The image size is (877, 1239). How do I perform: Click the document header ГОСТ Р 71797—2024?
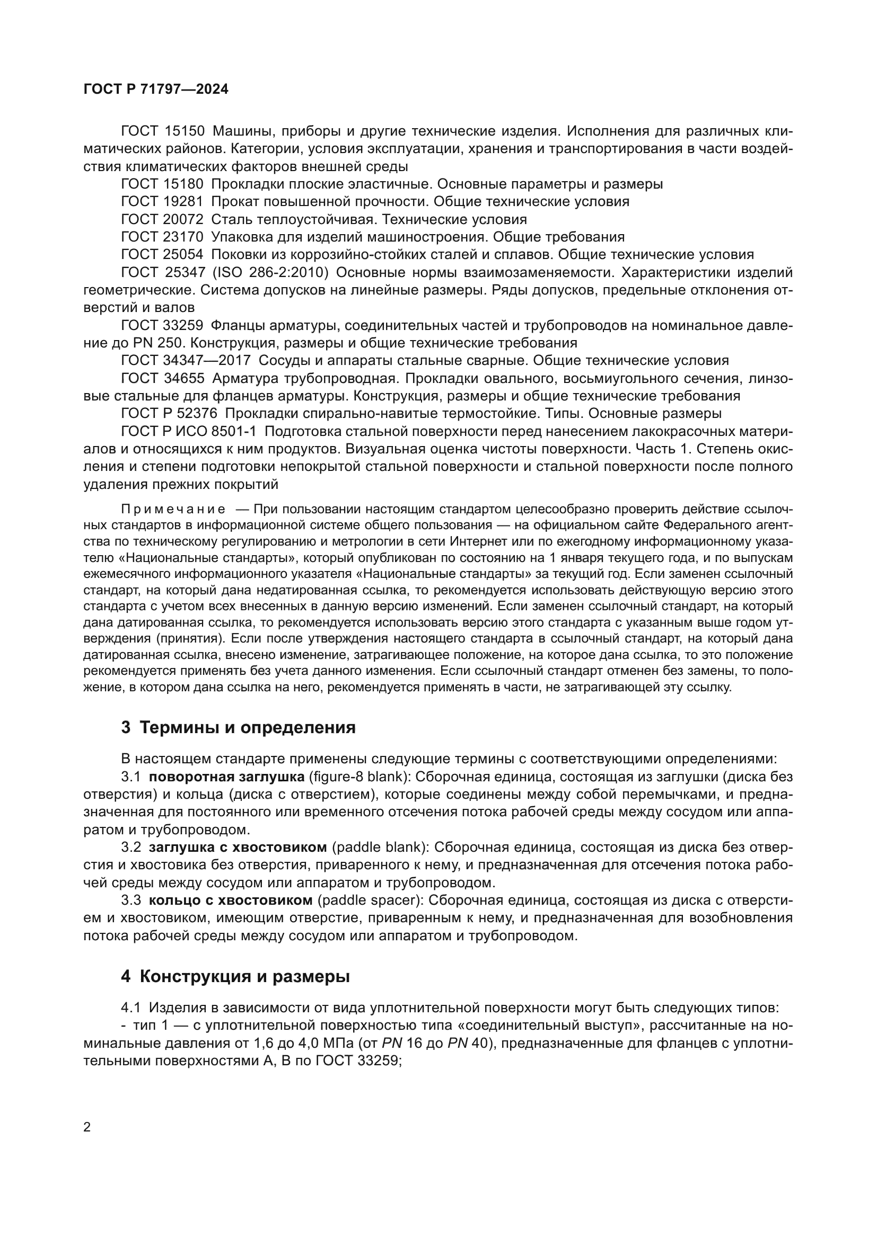click(156, 90)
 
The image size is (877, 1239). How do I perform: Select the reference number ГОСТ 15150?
click(163, 131)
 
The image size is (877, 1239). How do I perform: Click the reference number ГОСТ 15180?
click(163, 184)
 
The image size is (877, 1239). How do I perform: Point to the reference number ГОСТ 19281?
click(163, 202)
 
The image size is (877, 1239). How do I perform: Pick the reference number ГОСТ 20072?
click(163, 220)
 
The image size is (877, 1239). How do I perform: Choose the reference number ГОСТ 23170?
click(163, 237)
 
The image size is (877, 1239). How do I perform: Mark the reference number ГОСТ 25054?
click(163, 255)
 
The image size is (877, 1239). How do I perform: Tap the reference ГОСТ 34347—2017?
click(186, 361)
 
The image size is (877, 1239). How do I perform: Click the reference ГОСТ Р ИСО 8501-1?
click(191, 432)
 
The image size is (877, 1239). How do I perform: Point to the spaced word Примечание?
click(173, 510)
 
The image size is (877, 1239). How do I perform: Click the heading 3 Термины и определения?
click(238, 728)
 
